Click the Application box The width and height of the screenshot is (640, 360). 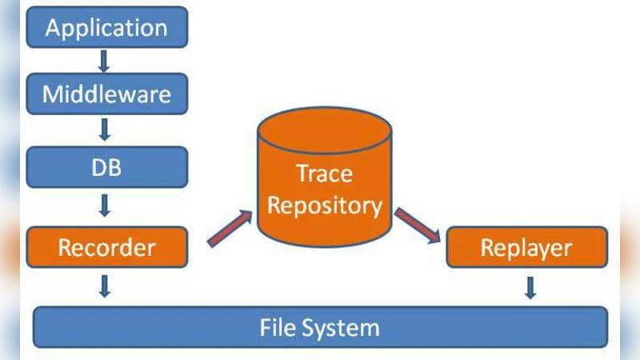(x=106, y=28)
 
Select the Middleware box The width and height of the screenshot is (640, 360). (x=106, y=94)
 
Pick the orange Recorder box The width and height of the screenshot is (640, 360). (x=106, y=247)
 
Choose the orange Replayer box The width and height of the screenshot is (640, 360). (x=526, y=247)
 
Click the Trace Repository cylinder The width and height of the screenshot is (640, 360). (x=324, y=192)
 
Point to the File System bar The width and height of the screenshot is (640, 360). (x=320, y=327)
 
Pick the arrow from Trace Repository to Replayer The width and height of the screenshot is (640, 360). (x=418, y=226)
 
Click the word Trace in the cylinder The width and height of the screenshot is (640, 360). (x=324, y=174)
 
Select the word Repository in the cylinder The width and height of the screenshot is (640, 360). (x=324, y=206)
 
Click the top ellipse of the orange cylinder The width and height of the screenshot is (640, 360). (x=324, y=128)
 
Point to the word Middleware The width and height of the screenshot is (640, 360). (x=106, y=94)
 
